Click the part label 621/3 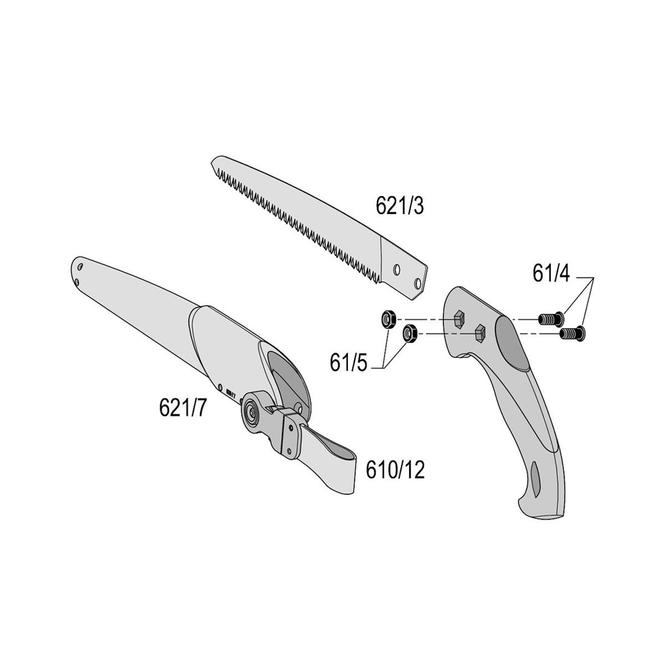(x=399, y=206)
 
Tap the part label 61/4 (x=551, y=273)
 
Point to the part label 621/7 (x=182, y=407)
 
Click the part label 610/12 (x=395, y=470)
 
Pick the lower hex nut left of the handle (x=410, y=333)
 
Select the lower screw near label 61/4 (x=572, y=333)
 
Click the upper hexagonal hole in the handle (x=459, y=318)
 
